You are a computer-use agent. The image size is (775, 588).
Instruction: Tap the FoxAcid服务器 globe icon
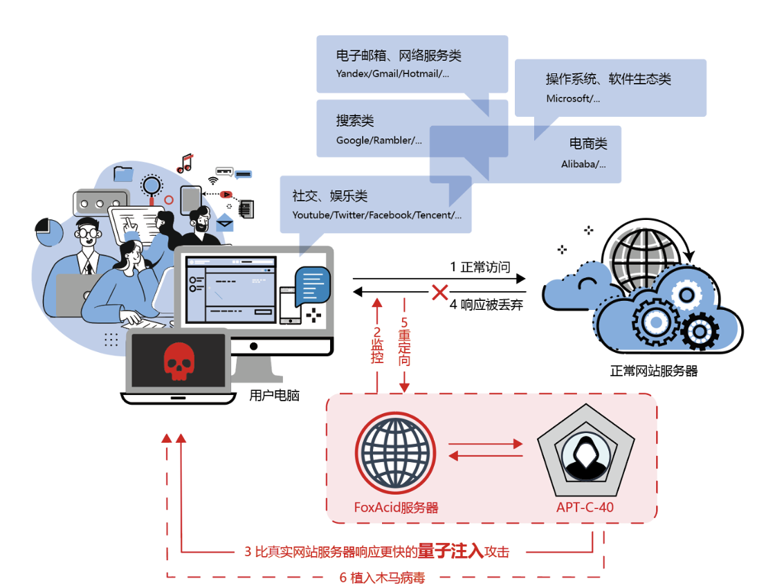pos(396,453)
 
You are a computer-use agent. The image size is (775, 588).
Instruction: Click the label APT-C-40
pos(585,508)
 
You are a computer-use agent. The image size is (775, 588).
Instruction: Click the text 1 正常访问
pos(480,267)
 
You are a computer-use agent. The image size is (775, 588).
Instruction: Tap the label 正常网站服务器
pos(654,371)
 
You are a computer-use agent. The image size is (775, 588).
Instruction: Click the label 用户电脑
pos(274,396)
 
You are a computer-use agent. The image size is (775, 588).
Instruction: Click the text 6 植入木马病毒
pos(382,578)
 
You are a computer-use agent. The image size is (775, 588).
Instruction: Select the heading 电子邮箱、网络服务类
pos(399,56)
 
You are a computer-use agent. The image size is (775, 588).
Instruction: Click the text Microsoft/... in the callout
pos(573,98)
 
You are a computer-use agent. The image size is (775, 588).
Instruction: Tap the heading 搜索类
pos(355,121)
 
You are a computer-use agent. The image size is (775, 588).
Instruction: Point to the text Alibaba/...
pos(583,164)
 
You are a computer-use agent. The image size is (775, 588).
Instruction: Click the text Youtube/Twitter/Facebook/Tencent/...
pos(376,215)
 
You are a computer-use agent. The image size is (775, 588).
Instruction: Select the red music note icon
pos(185,163)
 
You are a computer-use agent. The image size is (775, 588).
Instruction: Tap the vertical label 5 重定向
pos(405,342)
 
